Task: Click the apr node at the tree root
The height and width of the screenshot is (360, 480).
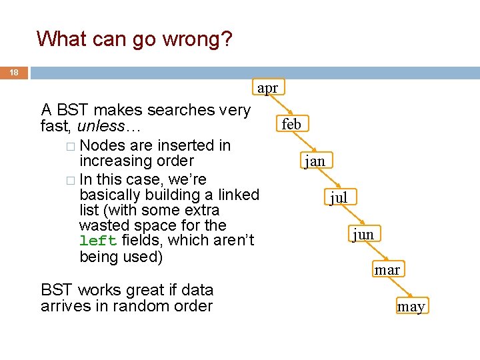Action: (267, 87)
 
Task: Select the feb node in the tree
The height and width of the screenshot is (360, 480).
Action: (291, 123)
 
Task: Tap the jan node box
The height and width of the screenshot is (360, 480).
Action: (315, 161)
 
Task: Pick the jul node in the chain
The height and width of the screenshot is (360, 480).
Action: (339, 197)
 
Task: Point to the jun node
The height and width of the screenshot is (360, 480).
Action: (363, 233)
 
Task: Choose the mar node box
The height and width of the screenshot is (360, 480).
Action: (387, 269)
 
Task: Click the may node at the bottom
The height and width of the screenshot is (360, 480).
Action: (411, 306)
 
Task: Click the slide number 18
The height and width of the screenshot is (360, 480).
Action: (14, 72)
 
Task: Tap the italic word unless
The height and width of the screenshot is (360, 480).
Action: (101, 126)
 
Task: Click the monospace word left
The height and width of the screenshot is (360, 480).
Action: (97, 241)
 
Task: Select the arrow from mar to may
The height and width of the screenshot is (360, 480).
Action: (400, 289)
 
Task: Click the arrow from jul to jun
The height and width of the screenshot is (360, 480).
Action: (352, 216)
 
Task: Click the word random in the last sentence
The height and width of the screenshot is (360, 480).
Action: (157, 306)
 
